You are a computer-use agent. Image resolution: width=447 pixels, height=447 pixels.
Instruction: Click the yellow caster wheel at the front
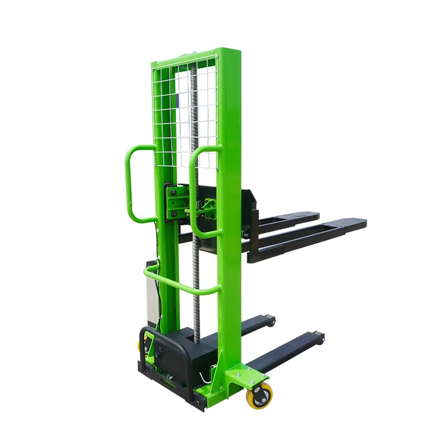[259, 395]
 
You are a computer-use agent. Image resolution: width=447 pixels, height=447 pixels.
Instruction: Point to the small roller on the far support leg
[272, 321]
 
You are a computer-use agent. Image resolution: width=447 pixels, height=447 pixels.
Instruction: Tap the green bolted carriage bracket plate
[176, 203]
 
